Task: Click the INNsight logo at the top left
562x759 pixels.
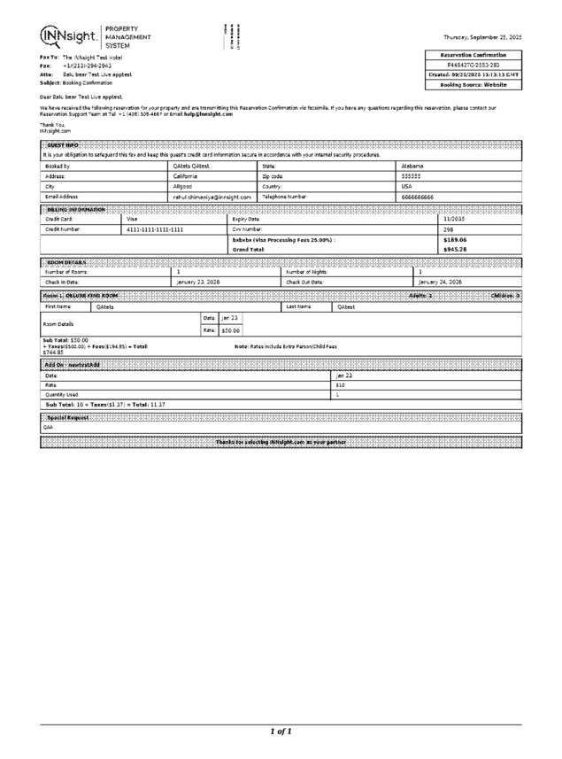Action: coord(70,35)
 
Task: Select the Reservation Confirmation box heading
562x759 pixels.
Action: coord(473,55)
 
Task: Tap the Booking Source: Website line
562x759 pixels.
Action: coord(473,85)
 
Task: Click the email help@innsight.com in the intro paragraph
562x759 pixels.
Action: coord(209,114)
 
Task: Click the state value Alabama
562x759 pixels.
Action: coord(412,166)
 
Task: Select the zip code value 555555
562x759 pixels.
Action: coord(412,176)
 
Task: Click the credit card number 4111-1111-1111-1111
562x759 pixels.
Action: coord(155,228)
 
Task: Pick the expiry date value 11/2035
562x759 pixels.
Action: coord(454,218)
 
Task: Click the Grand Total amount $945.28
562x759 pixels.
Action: coord(455,250)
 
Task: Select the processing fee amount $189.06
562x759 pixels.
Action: coord(455,239)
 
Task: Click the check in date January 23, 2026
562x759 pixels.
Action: coord(199,282)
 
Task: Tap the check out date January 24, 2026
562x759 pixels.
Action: coord(440,282)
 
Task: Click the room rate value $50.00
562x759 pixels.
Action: coord(230,329)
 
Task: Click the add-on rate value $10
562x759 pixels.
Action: coord(340,384)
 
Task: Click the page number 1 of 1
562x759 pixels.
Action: coord(281,732)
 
